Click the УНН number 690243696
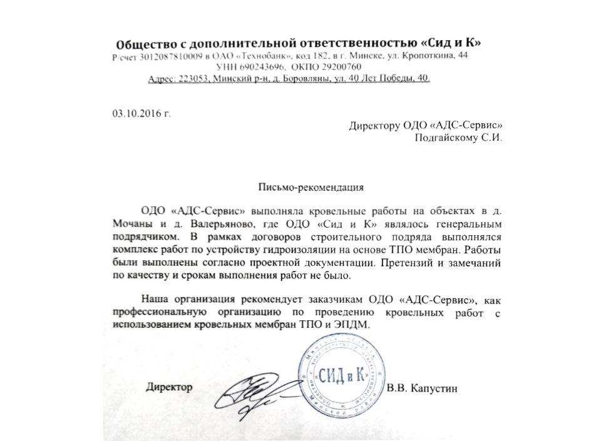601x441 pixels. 260,68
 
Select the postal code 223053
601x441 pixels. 191,79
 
